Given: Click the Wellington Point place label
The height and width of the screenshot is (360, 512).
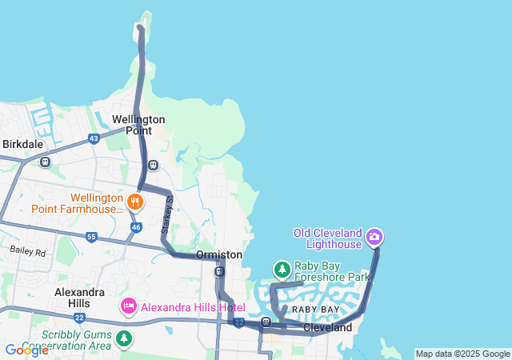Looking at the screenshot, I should [138, 125].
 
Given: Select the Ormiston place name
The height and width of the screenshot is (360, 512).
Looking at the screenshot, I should [219, 254].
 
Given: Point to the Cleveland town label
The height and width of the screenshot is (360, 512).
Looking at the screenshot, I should [327, 328].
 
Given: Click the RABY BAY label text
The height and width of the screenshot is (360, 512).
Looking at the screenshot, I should [315, 309].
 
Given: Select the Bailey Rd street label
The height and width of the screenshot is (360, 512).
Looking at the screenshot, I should [29, 250].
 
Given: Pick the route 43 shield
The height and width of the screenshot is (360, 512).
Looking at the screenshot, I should [94, 139].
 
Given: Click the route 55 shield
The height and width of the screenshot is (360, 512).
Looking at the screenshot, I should [91, 238].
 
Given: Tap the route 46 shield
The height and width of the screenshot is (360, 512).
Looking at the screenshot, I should [136, 228].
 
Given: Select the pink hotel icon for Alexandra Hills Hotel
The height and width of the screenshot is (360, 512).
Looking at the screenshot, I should [128, 306].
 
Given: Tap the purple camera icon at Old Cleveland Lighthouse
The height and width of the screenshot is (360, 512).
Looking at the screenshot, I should [374, 237].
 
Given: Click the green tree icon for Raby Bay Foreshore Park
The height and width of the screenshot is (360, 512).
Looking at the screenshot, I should [282, 269].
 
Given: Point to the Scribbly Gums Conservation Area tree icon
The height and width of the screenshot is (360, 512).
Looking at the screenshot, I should [123, 339].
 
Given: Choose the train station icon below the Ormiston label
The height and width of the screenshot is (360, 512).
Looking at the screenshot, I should [219, 271].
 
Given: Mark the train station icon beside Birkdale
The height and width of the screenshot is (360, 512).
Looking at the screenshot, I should [45, 162].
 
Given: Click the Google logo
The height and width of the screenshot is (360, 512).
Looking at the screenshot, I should [26, 350].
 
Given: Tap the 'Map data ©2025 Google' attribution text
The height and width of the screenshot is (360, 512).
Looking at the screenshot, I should [462, 354].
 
